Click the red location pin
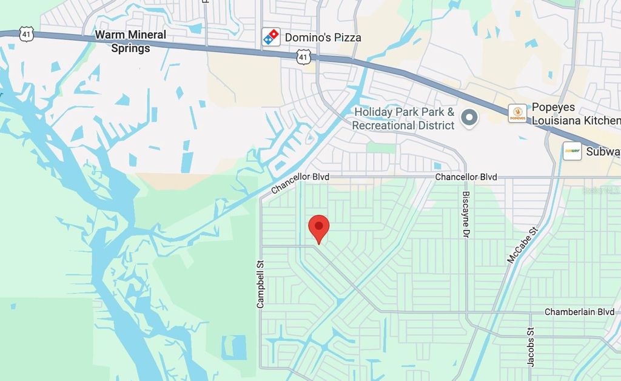pos(319,228)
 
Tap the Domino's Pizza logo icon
pos(271,37)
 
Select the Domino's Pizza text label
pos(323,38)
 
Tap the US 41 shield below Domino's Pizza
pos(304,57)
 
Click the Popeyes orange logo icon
pos(517,113)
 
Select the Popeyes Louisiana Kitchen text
pos(575,114)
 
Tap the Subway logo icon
pos(572,151)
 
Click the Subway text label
pos(603,152)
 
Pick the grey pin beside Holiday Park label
pos(469,118)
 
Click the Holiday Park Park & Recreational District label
pos(404,119)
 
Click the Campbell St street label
pos(261,284)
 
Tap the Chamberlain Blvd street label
pos(579,312)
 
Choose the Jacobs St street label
pos(531,347)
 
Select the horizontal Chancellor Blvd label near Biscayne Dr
pos(466,177)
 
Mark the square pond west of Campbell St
pos(234,348)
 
